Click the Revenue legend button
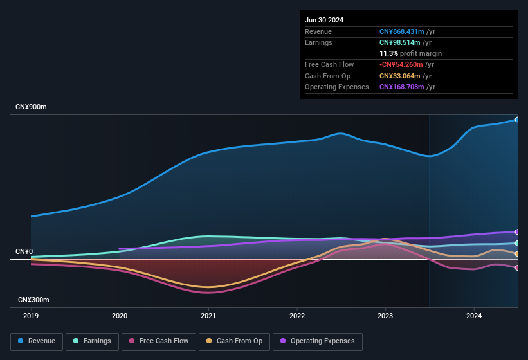pyautogui.click(x=37, y=341)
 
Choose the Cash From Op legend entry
pyautogui.click(x=235, y=341)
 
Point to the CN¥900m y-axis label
pyautogui.click(x=31, y=107)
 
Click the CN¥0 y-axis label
pyautogui.click(x=24, y=251)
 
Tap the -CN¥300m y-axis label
pyautogui.click(x=32, y=300)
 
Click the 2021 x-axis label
pyautogui.click(x=208, y=316)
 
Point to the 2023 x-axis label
pyautogui.click(x=385, y=316)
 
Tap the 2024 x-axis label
pyautogui.click(x=474, y=316)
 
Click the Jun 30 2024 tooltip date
pyautogui.click(x=324, y=20)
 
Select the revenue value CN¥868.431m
pyautogui.click(x=401, y=32)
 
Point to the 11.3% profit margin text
pyautogui.click(x=410, y=53)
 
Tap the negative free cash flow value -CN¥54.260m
pyautogui.click(x=401, y=64)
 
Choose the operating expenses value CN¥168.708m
pyautogui.click(x=401, y=87)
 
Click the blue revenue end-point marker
pyautogui.click(x=517, y=120)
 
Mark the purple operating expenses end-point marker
pyautogui.click(x=517, y=232)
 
